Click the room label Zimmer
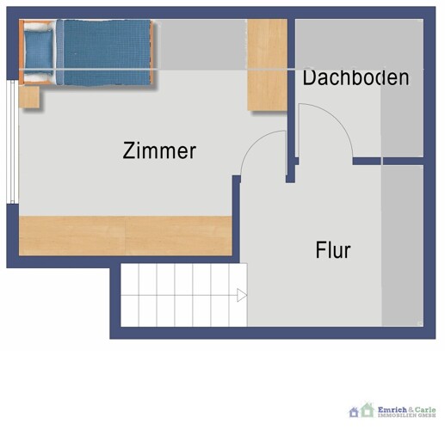[x=160, y=151]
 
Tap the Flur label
[x=333, y=251]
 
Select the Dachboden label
[x=355, y=78]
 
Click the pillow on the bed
[x=38, y=52]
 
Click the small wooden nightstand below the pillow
[x=30, y=96]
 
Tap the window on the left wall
[x=11, y=142]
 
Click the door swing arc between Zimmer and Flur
[x=261, y=150]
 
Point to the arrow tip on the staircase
[x=243, y=296]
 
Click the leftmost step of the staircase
[x=129, y=295]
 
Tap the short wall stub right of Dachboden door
[x=367, y=161]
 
